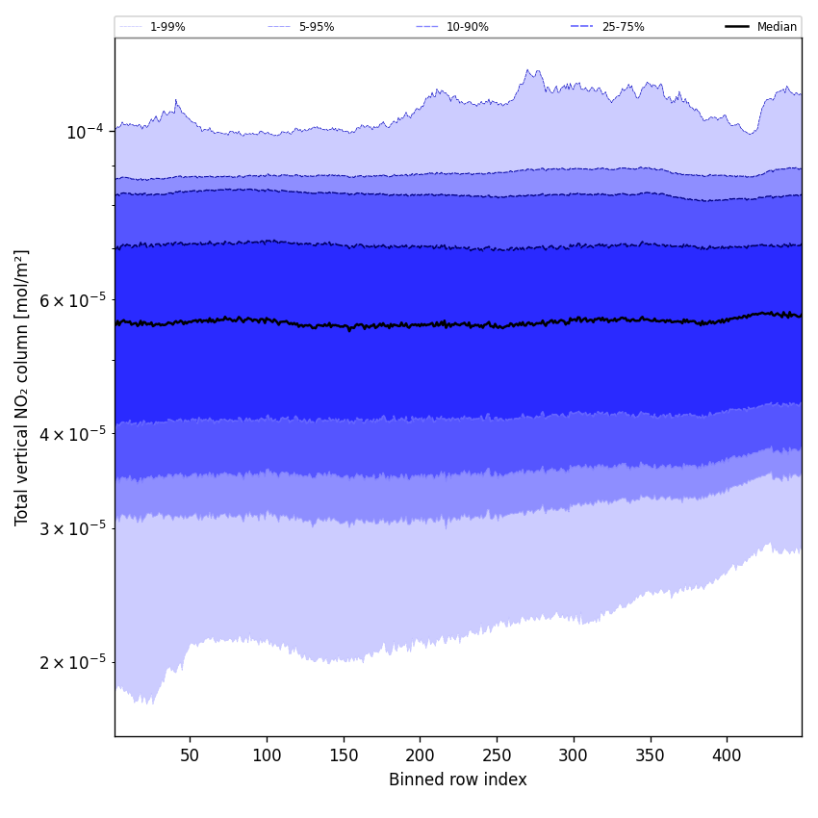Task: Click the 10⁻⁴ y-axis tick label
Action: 85,132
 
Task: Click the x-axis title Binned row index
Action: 458,780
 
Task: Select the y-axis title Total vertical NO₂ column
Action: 22,387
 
